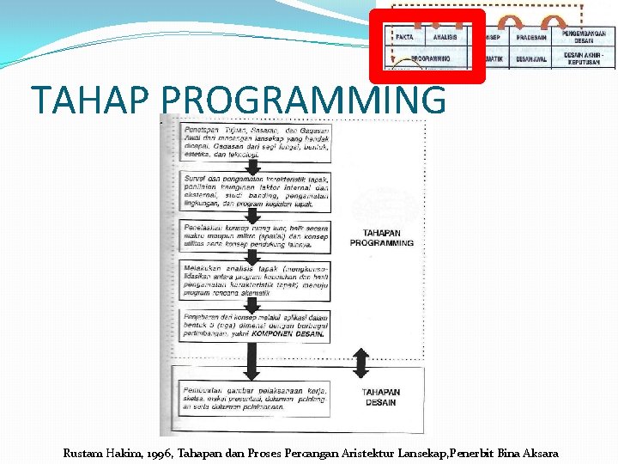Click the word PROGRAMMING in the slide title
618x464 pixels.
pos(303,100)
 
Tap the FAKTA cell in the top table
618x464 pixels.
pos(404,37)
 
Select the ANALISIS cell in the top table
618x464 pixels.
pos(445,37)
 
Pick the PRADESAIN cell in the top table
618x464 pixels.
pos(533,37)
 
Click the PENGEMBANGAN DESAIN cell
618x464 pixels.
pos(589,36)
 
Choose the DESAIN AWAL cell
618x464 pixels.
pos(533,58)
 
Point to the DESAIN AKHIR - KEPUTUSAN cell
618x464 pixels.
pos(589,58)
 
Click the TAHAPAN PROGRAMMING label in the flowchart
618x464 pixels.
pos(381,237)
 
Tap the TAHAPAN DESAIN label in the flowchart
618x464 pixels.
pos(381,397)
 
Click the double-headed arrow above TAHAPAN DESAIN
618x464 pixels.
pos(360,364)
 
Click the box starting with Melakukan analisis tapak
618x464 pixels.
pos(256,284)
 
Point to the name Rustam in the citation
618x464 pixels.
pos(83,453)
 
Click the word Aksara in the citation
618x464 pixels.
pos(537,453)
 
